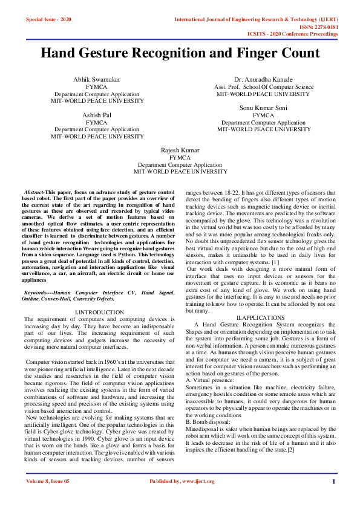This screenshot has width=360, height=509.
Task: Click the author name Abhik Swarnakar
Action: pos(97,80)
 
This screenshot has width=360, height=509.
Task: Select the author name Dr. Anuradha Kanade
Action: pos(264,80)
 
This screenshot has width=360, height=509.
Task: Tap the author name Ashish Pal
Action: pos(97,115)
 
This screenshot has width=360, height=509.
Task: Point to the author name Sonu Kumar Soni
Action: pos(264,108)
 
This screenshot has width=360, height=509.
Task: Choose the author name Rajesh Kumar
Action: pos(180,149)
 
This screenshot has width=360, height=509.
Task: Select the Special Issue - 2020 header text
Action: pos(48,19)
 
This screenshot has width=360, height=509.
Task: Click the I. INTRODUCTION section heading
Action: pos(99,312)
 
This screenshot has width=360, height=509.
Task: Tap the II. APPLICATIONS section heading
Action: pos(261,317)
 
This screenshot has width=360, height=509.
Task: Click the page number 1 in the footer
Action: pos(333,481)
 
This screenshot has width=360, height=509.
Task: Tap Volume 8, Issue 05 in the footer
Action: pos(48,481)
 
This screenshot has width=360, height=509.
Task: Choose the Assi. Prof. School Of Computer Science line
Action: pos(264,87)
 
